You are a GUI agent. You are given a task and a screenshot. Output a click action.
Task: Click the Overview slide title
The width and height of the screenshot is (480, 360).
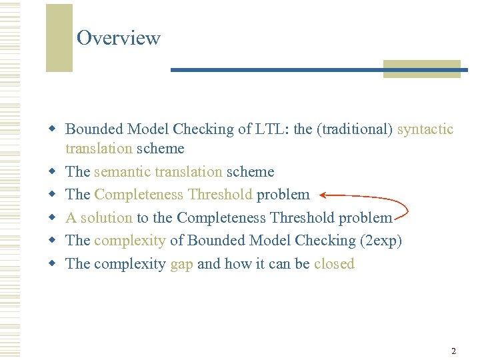coord(118,38)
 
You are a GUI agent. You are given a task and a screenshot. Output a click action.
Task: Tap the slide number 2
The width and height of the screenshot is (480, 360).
coord(453,351)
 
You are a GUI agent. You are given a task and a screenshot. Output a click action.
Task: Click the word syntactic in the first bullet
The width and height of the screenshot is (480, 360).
coord(425,129)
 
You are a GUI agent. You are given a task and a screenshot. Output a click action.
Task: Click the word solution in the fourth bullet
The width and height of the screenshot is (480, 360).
coord(106,218)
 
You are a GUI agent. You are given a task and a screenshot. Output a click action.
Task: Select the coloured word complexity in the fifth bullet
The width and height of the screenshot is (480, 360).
coord(129,241)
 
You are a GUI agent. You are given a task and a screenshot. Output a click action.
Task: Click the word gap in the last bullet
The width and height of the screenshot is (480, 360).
coord(181,264)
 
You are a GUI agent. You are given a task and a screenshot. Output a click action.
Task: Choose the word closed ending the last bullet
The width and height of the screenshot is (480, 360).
coord(334,264)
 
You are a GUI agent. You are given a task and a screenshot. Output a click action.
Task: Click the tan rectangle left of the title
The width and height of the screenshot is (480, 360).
coord(59,38)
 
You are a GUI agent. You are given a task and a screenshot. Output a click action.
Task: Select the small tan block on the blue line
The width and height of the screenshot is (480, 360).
coord(421,69)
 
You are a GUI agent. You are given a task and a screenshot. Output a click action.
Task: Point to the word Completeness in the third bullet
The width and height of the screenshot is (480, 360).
coord(139,195)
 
